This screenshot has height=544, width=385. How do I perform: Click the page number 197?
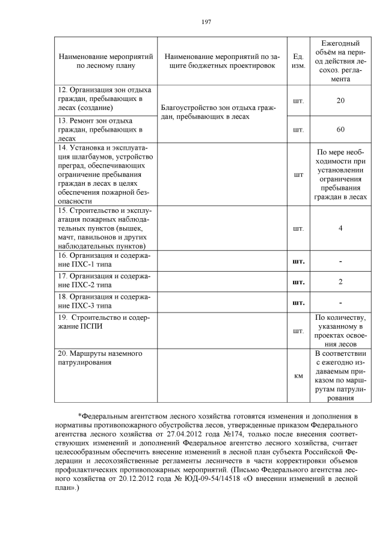pyautogui.click(x=206, y=22)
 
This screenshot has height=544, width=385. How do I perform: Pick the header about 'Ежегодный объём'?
pyautogui.click(x=340, y=61)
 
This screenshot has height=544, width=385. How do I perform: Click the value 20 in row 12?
pyautogui.click(x=340, y=100)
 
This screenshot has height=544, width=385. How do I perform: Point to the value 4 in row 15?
pyautogui.click(x=340, y=228)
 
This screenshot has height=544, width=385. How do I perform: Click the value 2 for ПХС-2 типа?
pyautogui.click(x=340, y=282)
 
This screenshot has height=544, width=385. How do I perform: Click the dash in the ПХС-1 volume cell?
pyautogui.click(x=340, y=261)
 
